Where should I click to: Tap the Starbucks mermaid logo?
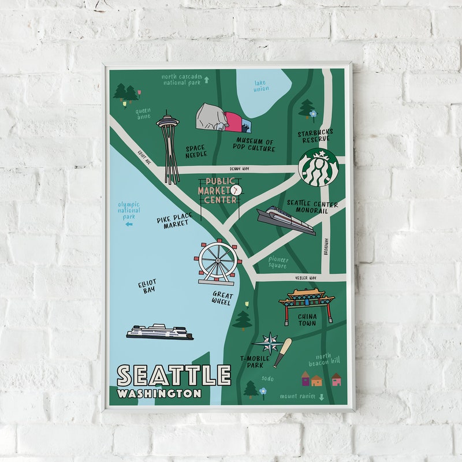click(x=318, y=167)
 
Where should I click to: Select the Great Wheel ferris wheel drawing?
click(x=217, y=262)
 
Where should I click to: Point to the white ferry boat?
click(x=159, y=331)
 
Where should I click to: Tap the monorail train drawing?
click(x=286, y=220)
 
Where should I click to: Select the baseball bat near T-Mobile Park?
click(x=282, y=352)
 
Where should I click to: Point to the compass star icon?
click(x=269, y=342)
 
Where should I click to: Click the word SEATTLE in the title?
click(x=174, y=375)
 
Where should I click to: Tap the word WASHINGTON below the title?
click(x=159, y=393)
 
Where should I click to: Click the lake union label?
click(x=261, y=85)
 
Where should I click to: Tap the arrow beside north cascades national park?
click(x=206, y=80)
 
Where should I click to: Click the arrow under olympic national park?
click(x=129, y=224)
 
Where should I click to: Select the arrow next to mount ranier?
click(x=322, y=397)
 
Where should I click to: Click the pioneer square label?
click(x=278, y=262)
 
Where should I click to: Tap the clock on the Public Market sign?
click(x=236, y=189)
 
